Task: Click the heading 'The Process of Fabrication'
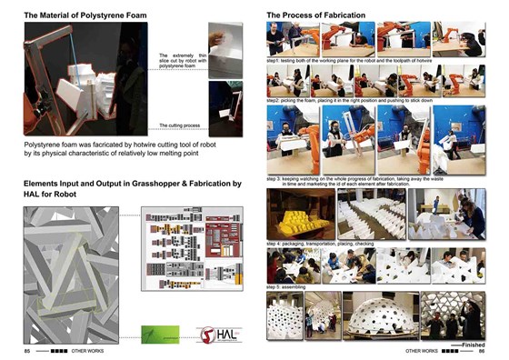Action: click(x=315, y=16)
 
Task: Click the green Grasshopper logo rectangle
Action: click(x=154, y=333)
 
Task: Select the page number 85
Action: click(x=27, y=350)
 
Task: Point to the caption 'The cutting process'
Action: click(x=179, y=125)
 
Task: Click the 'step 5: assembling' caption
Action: click(x=289, y=287)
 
